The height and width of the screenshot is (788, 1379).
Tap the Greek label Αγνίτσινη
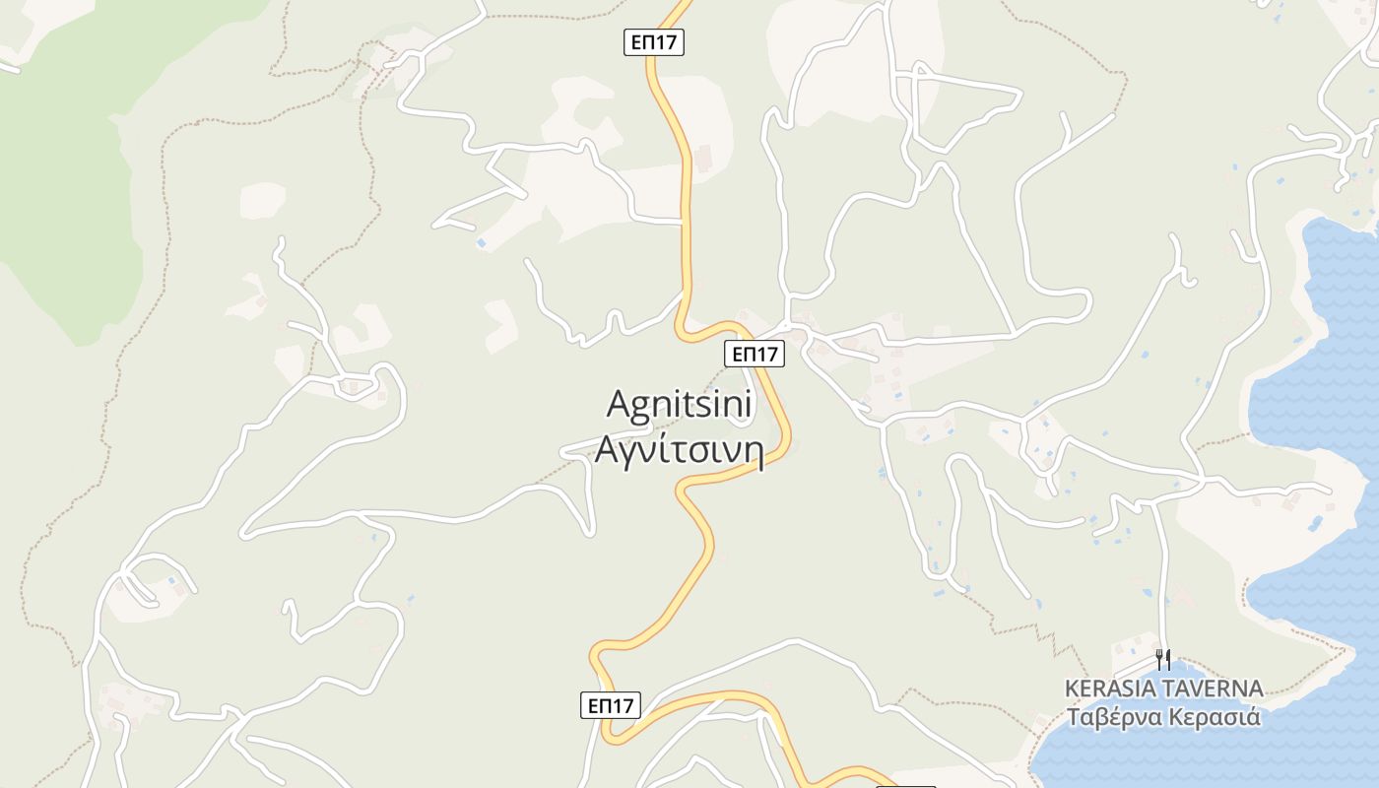[x=679, y=449]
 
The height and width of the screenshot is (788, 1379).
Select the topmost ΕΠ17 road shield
[x=654, y=42]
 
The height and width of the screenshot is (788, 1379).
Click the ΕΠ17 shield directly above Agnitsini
[x=755, y=354]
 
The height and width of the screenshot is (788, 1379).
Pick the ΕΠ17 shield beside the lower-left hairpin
[x=610, y=705]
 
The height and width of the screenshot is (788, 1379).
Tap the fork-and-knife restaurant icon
[x=1163, y=659]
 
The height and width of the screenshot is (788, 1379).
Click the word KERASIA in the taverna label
[x=1108, y=689]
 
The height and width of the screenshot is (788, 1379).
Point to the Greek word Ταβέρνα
[x=1112, y=716]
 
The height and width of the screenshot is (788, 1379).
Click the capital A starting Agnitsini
[x=618, y=404]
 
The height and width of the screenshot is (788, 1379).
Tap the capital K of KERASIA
[x=1072, y=689]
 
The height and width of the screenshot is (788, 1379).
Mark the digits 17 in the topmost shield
[x=669, y=42]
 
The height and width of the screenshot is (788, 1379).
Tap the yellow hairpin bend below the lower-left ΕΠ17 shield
[x=615, y=735]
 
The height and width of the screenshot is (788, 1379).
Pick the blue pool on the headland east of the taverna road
[x=1317, y=522]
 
